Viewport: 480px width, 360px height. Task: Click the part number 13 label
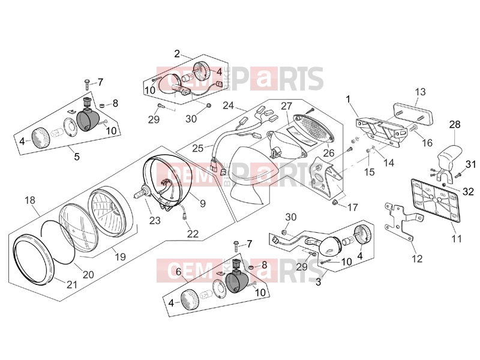coord(421,92)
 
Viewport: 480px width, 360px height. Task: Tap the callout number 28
coord(455,125)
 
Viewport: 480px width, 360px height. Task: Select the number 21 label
coord(72,284)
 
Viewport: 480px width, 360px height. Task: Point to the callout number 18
coord(30,200)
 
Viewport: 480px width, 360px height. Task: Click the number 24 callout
coord(229,106)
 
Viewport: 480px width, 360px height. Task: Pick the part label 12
coord(417,259)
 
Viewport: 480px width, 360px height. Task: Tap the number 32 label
coord(468,192)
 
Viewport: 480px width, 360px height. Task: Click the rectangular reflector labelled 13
coord(413,114)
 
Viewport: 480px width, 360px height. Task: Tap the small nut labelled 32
coord(443,185)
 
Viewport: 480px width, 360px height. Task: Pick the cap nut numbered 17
coord(335,202)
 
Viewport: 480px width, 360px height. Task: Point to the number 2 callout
coord(177,54)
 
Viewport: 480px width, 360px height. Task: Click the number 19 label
coord(121,257)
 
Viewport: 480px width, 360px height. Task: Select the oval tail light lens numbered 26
coord(314,128)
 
